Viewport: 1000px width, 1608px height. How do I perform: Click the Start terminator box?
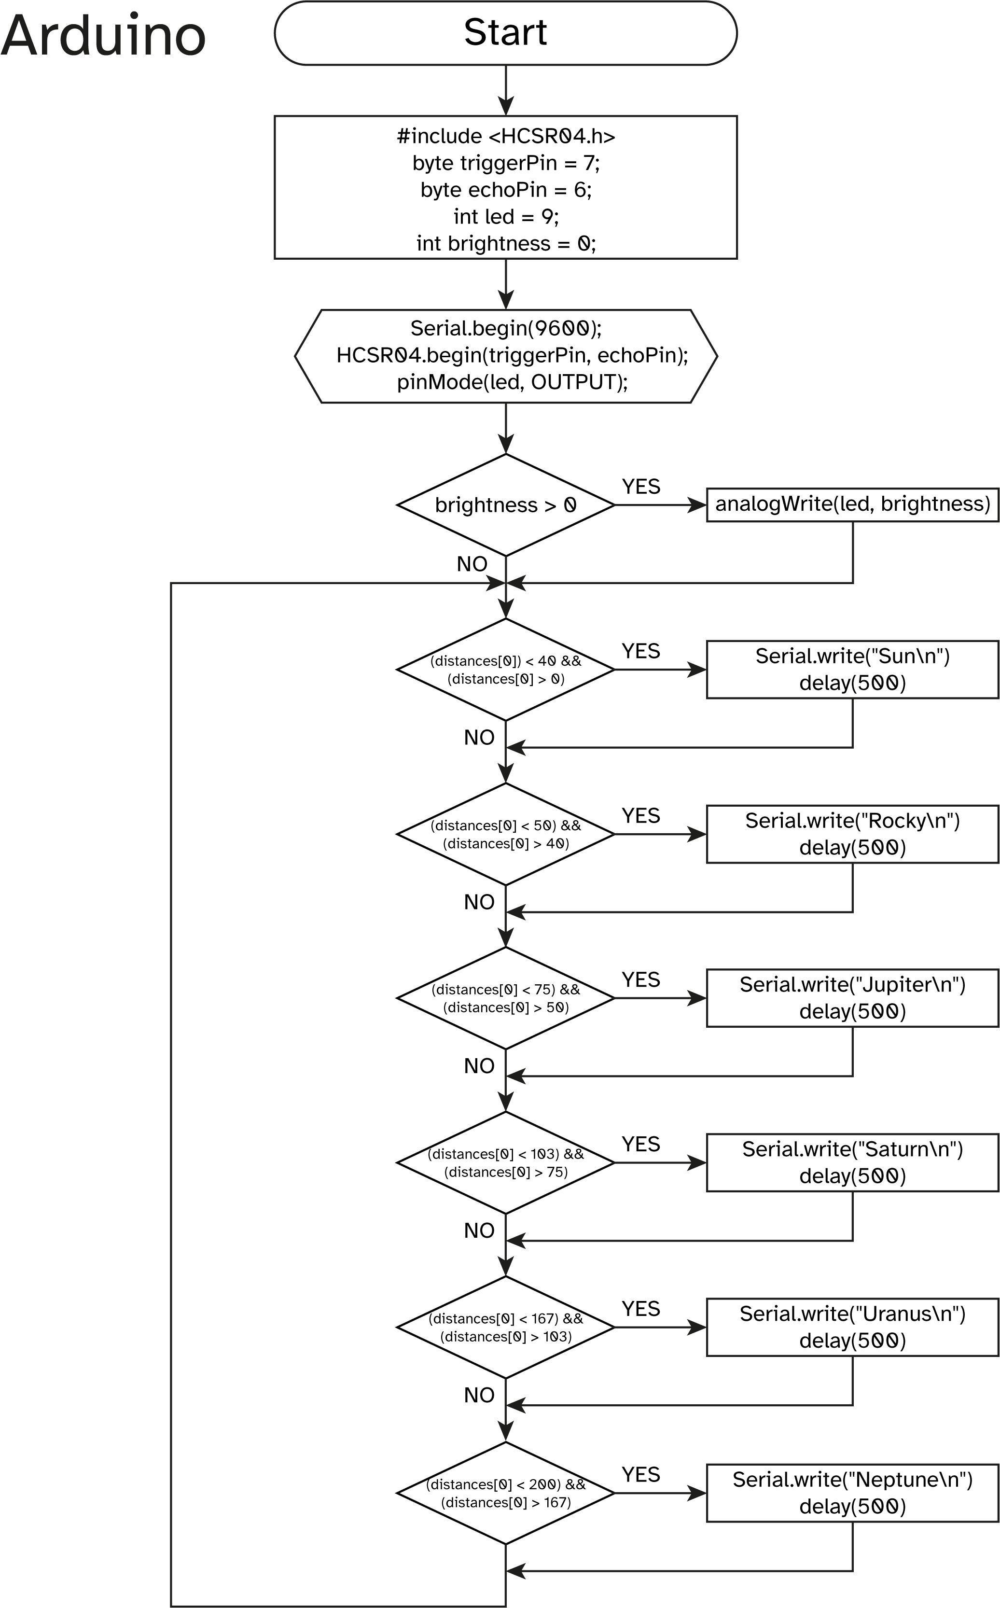505,33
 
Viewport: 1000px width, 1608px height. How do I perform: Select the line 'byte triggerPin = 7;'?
506,163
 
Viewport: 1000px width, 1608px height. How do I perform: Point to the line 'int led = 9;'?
506,216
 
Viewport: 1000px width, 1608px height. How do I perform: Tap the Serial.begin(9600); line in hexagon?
506,328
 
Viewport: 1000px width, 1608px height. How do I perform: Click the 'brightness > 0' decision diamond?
506,504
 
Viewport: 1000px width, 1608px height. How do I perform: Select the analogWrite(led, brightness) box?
852,504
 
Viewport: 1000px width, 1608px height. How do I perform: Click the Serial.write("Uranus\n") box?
852,1327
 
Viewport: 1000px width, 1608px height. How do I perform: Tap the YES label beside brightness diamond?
640,487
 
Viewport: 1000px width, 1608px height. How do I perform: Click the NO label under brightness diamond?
472,564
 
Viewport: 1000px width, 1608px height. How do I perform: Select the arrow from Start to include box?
506,90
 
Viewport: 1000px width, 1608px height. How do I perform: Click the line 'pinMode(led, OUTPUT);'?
512,382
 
